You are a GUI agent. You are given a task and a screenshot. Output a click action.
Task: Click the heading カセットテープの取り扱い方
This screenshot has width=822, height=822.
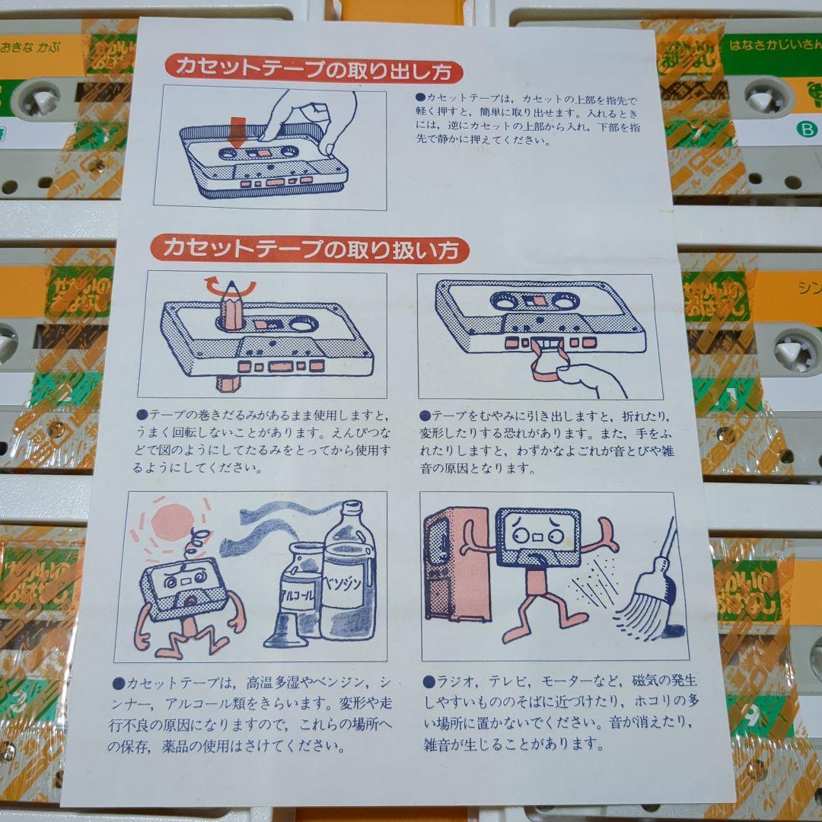[309, 249]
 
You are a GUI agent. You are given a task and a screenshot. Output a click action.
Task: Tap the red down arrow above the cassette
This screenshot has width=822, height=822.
[238, 132]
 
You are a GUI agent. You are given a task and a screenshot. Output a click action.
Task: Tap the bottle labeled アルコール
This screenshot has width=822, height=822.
[295, 597]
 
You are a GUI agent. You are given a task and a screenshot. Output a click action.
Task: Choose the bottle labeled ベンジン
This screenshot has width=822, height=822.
[348, 578]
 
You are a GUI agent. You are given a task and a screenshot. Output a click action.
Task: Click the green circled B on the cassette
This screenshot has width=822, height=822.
[802, 130]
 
